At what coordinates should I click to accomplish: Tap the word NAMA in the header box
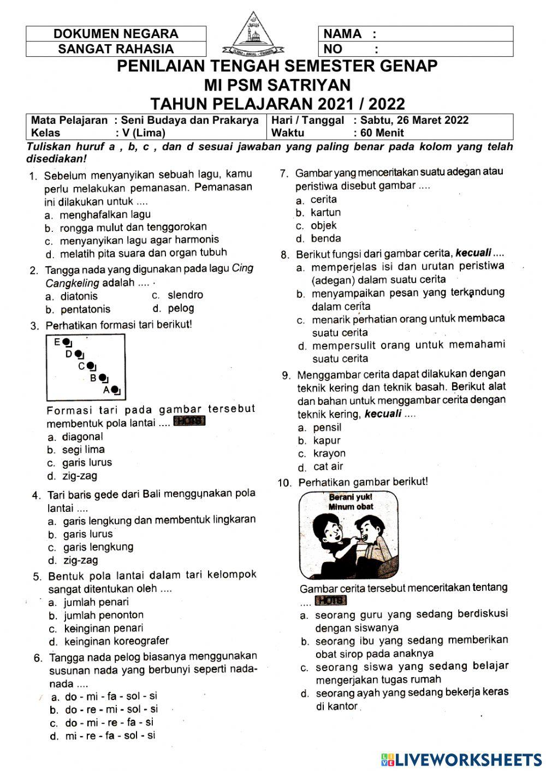(342, 34)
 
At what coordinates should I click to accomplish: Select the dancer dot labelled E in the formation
(66, 343)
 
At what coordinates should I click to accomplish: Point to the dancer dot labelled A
(115, 390)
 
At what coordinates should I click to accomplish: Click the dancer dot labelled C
(91, 366)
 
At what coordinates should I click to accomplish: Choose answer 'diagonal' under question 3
(82, 437)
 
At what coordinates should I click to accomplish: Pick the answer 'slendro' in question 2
(185, 295)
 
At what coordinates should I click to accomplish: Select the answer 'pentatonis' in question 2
(85, 309)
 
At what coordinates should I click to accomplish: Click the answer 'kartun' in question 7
(325, 213)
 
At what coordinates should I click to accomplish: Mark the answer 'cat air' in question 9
(328, 467)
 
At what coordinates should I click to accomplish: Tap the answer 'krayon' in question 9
(329, 453)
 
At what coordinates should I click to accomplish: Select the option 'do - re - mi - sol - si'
(111, 709)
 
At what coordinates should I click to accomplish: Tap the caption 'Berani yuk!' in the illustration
(351, 497)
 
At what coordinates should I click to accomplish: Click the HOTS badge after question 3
(189, 421)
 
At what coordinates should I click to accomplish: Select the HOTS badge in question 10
(331, 601)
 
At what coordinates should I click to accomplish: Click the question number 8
(284, 255)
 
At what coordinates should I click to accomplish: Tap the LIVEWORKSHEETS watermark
(461, 759)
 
